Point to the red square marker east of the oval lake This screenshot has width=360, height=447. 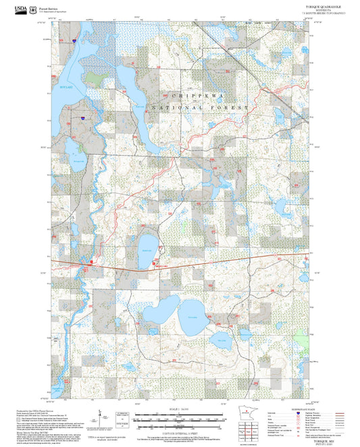[155, 263]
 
